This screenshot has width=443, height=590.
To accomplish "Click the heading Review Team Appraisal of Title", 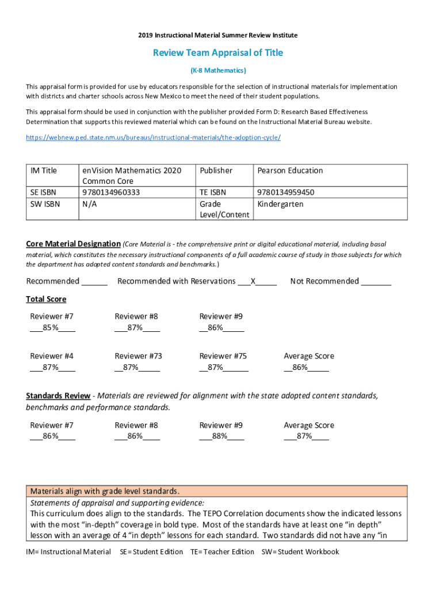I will coord(217,53).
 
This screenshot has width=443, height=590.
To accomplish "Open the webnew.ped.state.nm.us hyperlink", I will coord(153,138).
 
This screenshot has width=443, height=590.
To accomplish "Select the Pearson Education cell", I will coord(290,171).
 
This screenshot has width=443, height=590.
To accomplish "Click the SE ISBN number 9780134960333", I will coord(111,192).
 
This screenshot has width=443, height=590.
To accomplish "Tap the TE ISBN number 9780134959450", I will coord(285,192).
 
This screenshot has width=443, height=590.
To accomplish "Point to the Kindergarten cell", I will coord(280,205).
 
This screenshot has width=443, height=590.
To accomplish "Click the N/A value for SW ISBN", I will coord(89,205).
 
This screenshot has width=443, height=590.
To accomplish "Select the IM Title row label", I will coord(44,171).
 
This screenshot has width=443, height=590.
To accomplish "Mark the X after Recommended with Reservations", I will coord(253,281).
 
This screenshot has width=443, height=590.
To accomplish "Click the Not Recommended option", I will coord(324,281).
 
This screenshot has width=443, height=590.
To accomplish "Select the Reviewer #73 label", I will coord(138,356).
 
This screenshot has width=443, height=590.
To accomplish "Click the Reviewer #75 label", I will coord(223,356).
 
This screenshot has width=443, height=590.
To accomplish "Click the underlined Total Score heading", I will coord(46,299).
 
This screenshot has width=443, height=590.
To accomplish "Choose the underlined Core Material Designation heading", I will coord(73,244).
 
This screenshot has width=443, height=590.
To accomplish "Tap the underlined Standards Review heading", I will coord(58,396).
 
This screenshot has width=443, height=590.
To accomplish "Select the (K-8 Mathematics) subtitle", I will coord(218,70).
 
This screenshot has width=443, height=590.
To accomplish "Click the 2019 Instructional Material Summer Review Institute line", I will coord(218,36).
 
